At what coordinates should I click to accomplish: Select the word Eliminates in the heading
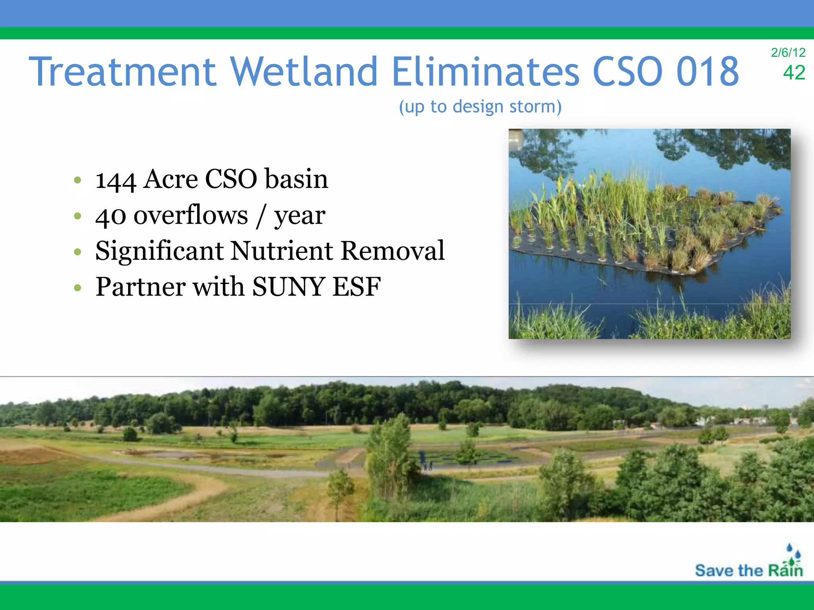tap(486, 72)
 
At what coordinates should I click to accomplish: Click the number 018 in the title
tap(707, 72)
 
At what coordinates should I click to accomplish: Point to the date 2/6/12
tap(788, 52)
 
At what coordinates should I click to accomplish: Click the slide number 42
tap(794, 73)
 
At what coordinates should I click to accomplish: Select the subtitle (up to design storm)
tap(480, 106)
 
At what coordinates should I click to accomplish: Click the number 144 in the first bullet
tap(116, 180)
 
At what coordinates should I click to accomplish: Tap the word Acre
tap(171, 179)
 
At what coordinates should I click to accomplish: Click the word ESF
tap(357, 286)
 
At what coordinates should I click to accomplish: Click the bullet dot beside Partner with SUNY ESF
tap(78, 287)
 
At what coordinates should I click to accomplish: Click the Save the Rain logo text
tap(748, 570)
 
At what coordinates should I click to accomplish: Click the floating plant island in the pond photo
tap(644, 226)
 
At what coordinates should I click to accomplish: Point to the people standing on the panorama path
tap(427, 465)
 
